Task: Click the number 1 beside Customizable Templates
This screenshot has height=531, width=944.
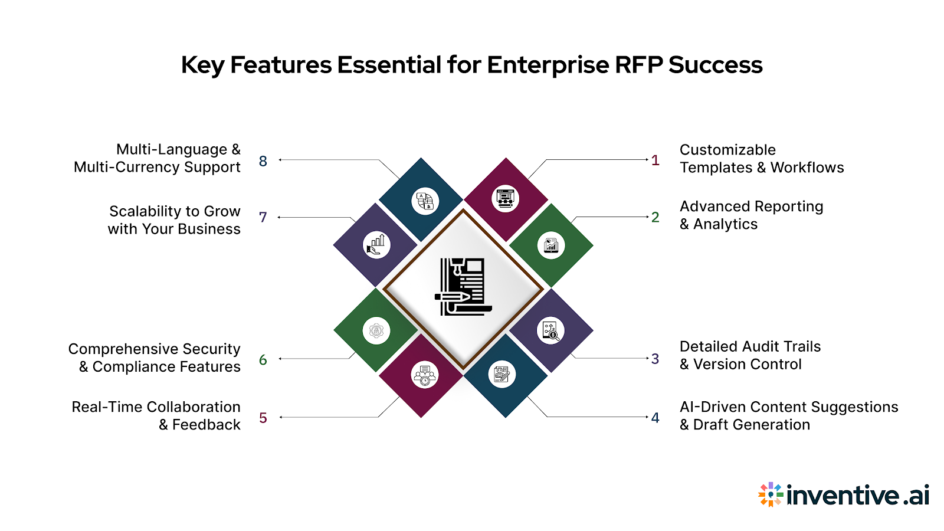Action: pyautogui.click(x=655, y=160)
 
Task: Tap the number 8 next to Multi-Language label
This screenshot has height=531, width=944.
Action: pyautogui.click(x=263, y=161)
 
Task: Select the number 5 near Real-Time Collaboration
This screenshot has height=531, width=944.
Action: pyautogui.click(x=263, y=418)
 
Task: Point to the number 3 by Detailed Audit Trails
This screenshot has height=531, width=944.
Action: pyautogui.click(x=655, y=359)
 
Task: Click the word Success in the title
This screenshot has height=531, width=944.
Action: pyautogui.click(x=715, y=65)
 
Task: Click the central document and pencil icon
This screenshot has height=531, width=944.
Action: pyautogui.click(x=463, y=287)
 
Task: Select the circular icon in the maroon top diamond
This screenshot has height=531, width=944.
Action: pyautogui.click(x=506, y=199)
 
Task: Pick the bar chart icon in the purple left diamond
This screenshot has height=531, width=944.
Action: pyautogui.click(x=376, y=245)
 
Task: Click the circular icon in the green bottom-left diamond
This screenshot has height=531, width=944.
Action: pyautogui.click(x=376, y=331)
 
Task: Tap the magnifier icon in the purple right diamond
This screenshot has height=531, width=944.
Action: pyautogui.click(x=550, y=331)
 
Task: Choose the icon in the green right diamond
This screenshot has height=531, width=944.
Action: pyautogui.click(x=551, y=245)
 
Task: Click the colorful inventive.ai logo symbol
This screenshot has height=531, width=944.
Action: pyautogui.click(x=770, y=494)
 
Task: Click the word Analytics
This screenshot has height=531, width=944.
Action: pyautogui.click(x=725, y=225)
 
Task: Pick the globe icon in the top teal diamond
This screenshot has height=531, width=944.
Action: pyautogui.click(x=425, y=201)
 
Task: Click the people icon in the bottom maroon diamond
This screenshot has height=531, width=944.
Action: pyautogui.click(x=425, y=375)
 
